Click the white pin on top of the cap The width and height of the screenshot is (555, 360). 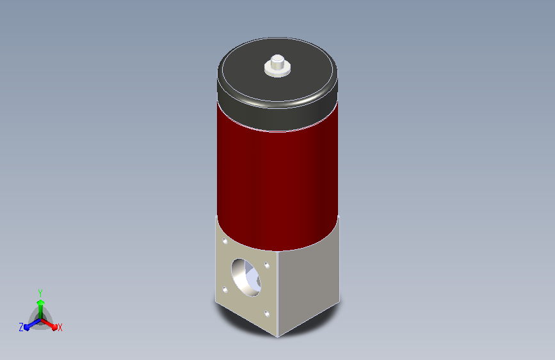click(x=277, y=61)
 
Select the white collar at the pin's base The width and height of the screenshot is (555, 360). click(x=278, y=71)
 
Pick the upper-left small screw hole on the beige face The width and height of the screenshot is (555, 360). click(x=225, y=241)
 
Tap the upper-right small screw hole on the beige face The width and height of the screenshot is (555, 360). click(x=267, y=265)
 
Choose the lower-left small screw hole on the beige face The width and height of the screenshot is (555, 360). click(x=225, y=290)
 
